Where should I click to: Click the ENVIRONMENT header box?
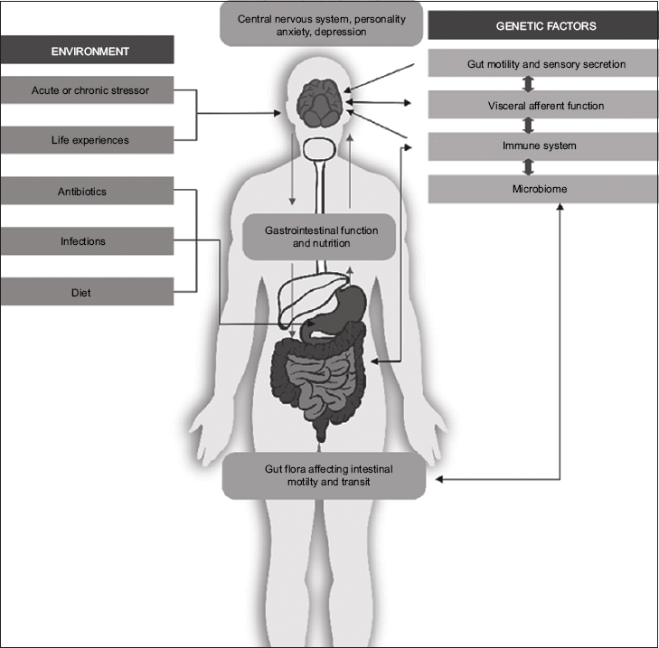[86, 51]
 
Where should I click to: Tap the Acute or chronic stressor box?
[86, 90]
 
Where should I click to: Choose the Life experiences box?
[86, 140]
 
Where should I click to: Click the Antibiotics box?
[86, 192]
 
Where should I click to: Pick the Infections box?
[86, 241]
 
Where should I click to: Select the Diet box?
[86, 292]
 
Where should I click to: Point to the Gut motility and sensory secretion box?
[540, 64]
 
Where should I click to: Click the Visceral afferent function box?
[540, 106]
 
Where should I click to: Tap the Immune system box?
[540, 146]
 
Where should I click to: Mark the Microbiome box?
[540, 188]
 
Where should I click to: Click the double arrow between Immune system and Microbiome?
[530, 167]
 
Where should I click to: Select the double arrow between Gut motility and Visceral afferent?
[530, 85]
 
